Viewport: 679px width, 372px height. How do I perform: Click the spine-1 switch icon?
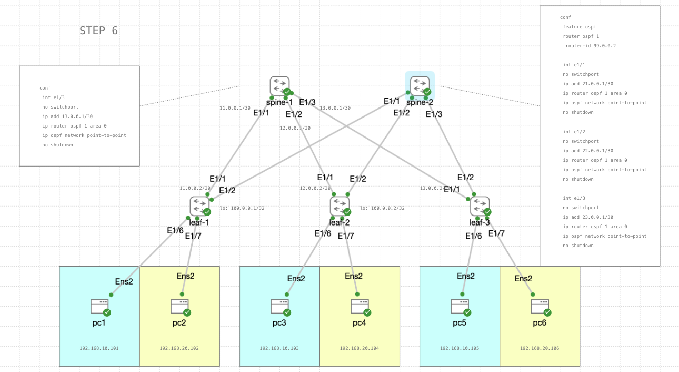(279, 86)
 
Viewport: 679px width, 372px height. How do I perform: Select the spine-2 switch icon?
(420, 86)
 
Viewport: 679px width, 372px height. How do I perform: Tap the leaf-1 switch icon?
(199, 206)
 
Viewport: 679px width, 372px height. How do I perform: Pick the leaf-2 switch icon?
(339, 206)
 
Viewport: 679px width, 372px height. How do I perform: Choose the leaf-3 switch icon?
(480, 206)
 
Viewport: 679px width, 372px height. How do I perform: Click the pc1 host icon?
(99, 306)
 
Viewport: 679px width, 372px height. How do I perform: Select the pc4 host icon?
(360, 306)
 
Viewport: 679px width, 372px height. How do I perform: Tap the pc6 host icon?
(540, 306)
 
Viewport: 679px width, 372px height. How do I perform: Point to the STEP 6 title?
(99, 31)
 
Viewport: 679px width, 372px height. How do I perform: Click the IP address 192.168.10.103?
(279, 348)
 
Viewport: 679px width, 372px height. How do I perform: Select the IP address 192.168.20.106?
(540, 348)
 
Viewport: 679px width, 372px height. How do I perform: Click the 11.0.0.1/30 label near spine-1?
(235, 108)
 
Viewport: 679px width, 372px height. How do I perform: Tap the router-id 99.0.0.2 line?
(591, 46)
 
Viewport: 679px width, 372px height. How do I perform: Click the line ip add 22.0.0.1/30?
(588, 151)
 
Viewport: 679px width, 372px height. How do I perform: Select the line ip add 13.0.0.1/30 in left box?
(67, 116)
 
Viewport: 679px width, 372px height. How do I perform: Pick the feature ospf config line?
(580, 27)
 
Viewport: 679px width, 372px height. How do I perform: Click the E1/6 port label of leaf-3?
(473, 236)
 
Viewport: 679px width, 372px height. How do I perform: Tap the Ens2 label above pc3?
(296, 279)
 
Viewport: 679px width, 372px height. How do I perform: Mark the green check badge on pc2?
(187, 312)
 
